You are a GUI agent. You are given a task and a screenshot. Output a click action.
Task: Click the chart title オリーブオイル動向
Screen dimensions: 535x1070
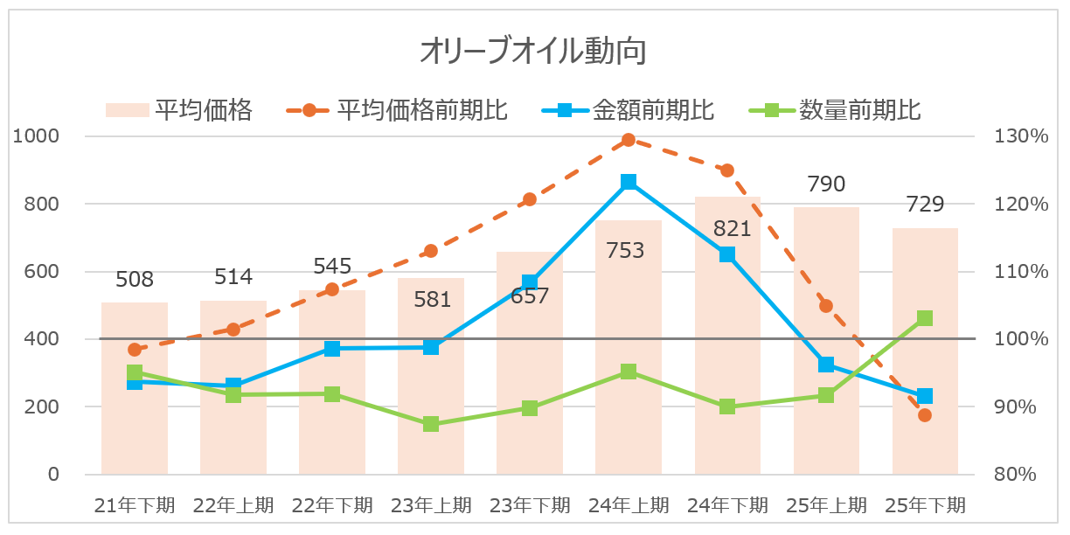533,52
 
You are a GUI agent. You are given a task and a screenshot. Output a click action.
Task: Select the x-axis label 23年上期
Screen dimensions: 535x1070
431,505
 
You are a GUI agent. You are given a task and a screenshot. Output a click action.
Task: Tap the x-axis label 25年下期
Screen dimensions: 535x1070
925,505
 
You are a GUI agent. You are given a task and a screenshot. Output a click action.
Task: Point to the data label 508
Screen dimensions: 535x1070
135,280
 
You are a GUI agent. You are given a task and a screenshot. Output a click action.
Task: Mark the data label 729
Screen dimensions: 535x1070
925,205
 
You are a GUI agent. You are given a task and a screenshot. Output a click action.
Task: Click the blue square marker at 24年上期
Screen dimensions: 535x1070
629,182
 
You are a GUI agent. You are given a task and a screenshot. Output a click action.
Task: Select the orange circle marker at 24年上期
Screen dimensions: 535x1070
629,140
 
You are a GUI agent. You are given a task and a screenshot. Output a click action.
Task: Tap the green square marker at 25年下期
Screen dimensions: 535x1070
925,318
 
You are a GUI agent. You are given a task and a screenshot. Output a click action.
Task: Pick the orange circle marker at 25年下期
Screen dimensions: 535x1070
925,415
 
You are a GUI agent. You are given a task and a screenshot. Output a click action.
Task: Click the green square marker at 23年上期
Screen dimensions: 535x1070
431,425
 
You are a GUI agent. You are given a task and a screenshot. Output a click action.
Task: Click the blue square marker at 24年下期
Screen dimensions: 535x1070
727,254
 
